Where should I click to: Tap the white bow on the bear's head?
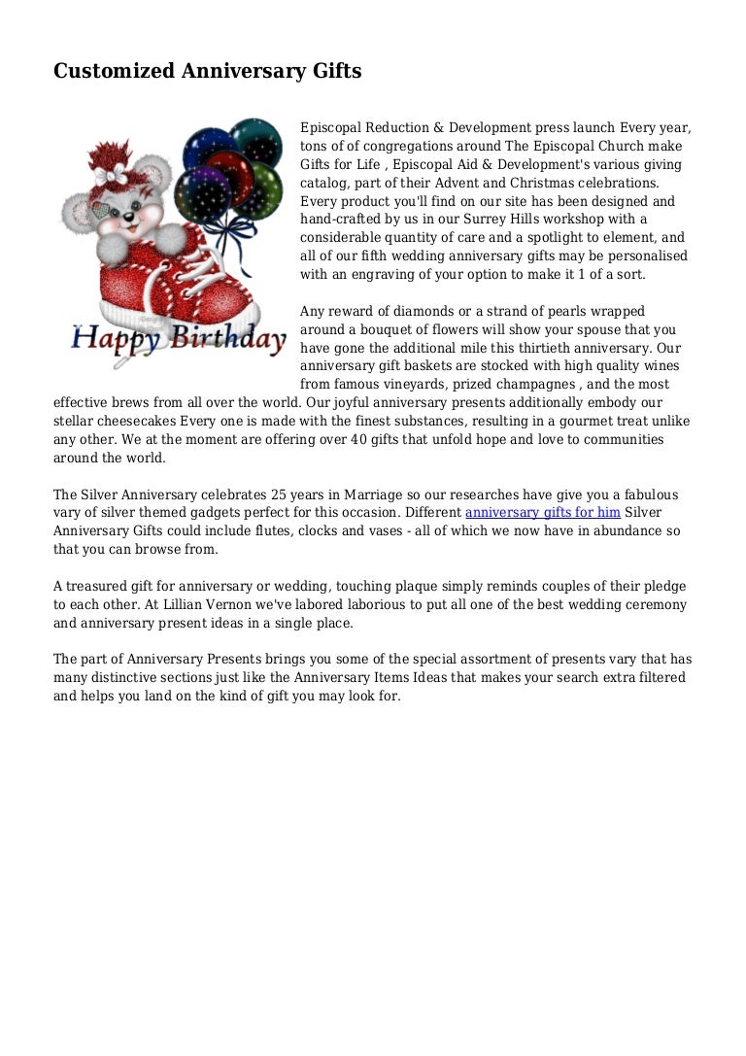point(111,175)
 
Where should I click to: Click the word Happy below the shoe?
point(115,340)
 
